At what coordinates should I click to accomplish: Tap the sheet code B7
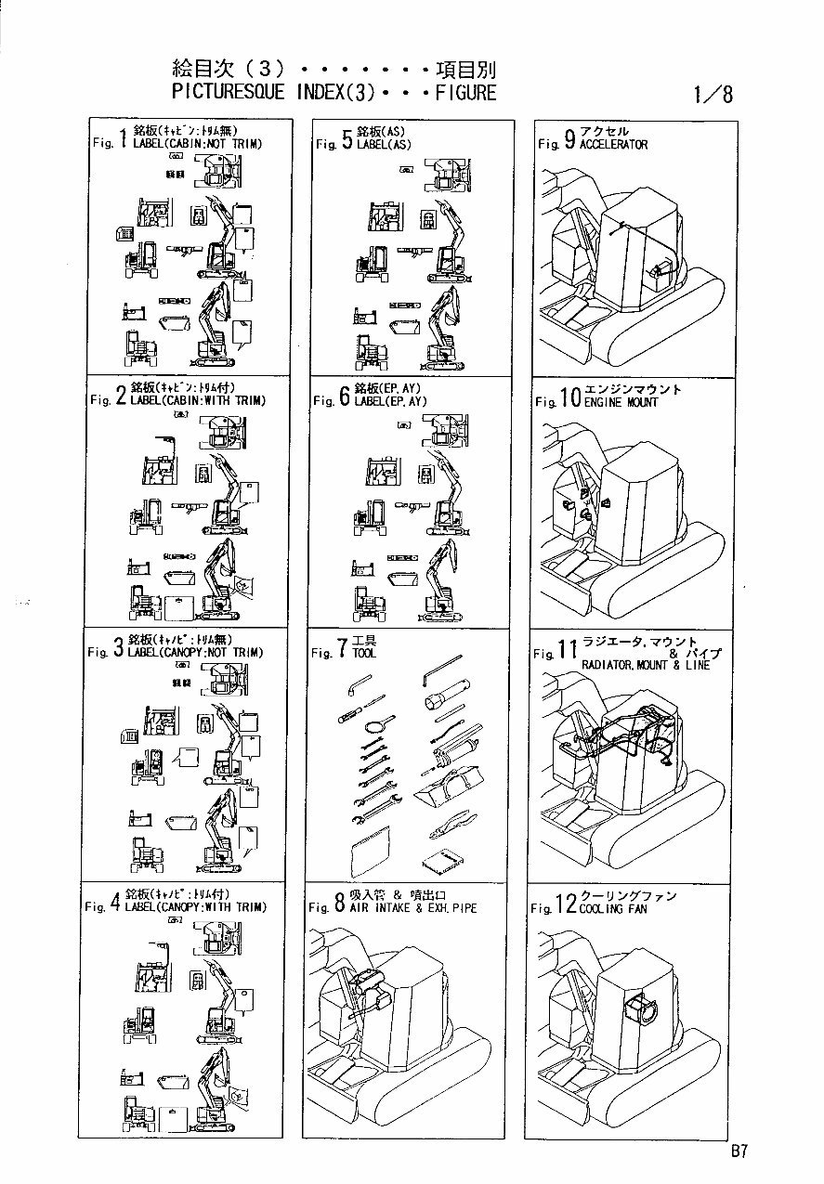click(739, 1151)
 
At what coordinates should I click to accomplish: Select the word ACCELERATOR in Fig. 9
click(613, 145)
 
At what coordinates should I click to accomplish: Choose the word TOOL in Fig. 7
click(364, 654)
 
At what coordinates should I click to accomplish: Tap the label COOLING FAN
click(613, 909)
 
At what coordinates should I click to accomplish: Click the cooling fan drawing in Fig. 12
click(640, 1008)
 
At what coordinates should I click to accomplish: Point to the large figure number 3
click(118, 649)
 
